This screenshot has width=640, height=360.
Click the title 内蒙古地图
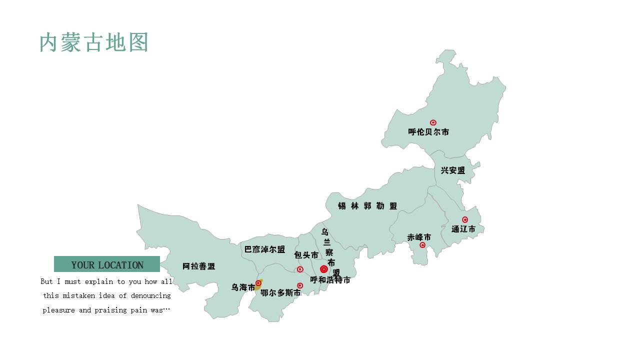94,42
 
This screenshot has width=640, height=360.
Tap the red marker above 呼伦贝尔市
433,122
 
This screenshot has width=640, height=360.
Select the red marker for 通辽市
465,219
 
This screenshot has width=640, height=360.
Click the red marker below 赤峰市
422,245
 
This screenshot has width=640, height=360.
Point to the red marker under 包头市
300,269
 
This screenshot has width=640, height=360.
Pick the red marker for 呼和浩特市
324,269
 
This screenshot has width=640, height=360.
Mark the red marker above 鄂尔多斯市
300,285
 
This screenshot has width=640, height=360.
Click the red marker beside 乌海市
258,283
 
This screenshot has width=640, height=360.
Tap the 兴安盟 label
453,170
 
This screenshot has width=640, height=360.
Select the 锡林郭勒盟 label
367,206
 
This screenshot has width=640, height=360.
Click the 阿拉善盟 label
199,266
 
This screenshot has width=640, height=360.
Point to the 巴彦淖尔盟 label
264,249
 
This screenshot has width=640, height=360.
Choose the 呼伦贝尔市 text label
428,132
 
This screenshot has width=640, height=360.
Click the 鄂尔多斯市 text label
280,293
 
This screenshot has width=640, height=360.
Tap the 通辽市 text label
463,229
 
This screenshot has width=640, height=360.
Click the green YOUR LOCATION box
107,264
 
